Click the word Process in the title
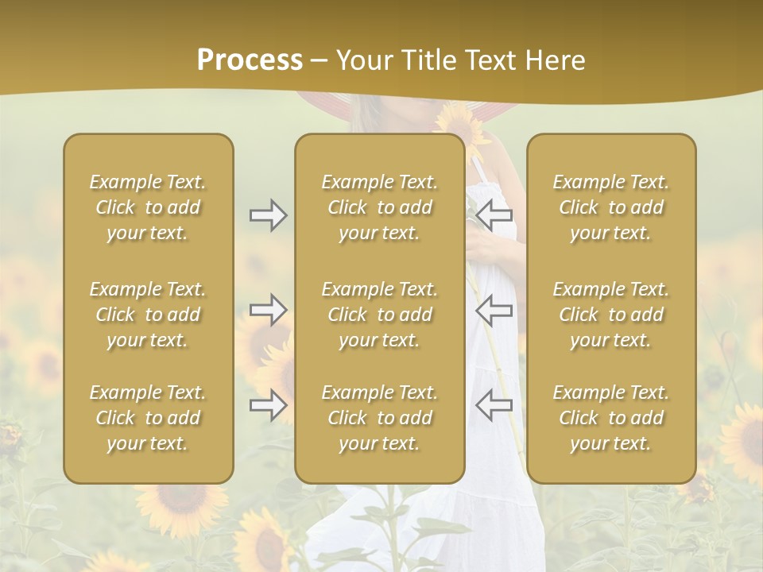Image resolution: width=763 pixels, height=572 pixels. (x=250, y=60)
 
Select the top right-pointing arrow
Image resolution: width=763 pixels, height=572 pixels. (x=268, y=215)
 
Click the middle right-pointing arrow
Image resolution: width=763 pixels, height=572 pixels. (x=268, y=310)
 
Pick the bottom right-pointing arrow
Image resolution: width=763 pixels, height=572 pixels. (x=268, y=405)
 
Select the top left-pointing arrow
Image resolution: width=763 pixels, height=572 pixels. (x=494, y=215)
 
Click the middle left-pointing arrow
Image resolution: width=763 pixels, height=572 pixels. (x=494, y=310)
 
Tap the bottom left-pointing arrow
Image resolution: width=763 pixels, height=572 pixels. (x=494, y=405)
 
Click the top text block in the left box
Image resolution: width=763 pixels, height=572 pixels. (x=148, y=207)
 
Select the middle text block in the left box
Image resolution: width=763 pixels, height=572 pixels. (x=148, y=315)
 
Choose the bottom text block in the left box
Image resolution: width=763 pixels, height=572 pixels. (x=148, y=418)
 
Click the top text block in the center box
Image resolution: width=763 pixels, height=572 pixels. (x=379, y=207)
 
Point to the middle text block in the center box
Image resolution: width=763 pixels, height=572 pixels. (x=379, y=315)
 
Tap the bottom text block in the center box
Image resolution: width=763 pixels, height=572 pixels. (x=379, y=418)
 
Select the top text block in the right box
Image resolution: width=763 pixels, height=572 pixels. (x=611, y=207)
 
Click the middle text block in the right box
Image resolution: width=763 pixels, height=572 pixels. (x=611, y=315)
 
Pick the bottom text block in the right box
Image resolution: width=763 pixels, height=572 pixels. (x=611, y=418)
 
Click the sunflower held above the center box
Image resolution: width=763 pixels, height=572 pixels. (x=463, y=124)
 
